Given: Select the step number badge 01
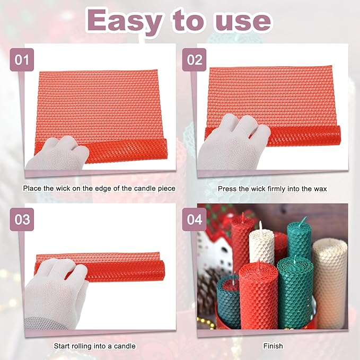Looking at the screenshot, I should click(22, 60).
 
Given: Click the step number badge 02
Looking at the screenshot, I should click(195, 60).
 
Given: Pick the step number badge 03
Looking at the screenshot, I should click(22, 218).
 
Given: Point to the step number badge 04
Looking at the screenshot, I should click(195, 218).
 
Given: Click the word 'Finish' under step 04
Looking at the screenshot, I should click(273, 346).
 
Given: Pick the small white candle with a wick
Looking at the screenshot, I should click(262, 247).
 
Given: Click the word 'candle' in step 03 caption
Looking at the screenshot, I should click(125, 346).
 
